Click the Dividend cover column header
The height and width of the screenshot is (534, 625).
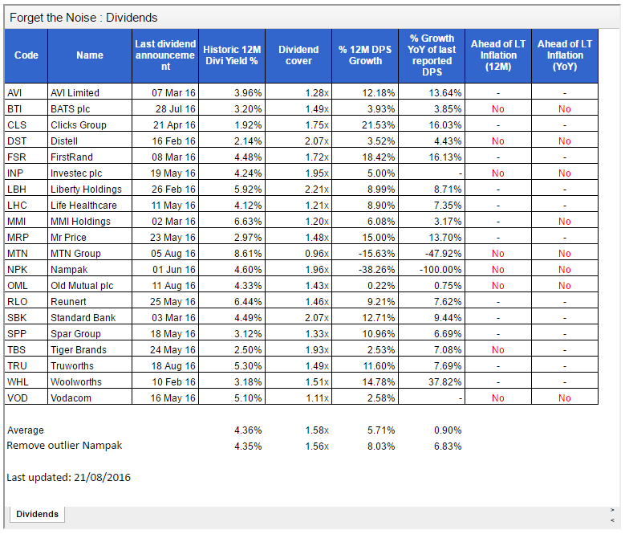[x=298, y=55]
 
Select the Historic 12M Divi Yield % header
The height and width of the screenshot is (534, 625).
[x=232, y=55]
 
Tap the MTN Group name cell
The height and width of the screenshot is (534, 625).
[x=75, y=254]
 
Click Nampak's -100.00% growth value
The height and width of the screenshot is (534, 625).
[x=440, y=270]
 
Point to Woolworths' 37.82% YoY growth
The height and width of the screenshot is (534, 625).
[x=444, y=382]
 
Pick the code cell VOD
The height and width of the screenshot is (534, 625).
[x=18, y=398]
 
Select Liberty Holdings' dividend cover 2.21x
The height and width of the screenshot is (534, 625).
[x=317, y=190]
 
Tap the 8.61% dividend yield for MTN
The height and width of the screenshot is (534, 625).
[x=248, y=254]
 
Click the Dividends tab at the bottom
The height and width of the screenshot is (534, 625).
[x=37, y=514]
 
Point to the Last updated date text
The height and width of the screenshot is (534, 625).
[x=68, y=477]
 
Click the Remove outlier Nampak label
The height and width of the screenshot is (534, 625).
[x=64, y=446]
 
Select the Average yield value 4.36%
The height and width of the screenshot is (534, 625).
[x=248, y=430]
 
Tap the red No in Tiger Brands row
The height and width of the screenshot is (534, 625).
[x=498, y=350]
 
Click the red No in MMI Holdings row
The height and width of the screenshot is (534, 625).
[x=564, y=222]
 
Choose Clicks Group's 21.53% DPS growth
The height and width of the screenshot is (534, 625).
[x=378, y=125]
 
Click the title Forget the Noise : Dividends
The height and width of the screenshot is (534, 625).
[x=83, y=18]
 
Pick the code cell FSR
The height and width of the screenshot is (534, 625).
[x=16, y=157]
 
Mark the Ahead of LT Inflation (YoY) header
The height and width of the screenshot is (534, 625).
[x=565, y=55]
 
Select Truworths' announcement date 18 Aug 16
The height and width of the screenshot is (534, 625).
[x=173, y=365]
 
